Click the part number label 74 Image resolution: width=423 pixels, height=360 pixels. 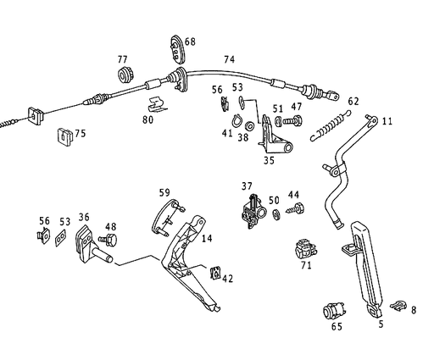[x=229, y=59]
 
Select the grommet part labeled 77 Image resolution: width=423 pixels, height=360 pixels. [x=125, y=75]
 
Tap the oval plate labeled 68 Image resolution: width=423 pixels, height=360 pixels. [x=177, y=50]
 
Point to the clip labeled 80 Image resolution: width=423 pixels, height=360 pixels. [x=157, y=105]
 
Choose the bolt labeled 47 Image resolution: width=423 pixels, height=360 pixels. [x=293, y=121]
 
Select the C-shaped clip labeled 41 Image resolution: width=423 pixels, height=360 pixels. [x=237, y=120]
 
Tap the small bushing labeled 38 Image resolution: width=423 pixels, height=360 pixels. [x=249, y=126]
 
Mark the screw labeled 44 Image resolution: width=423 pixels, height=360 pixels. [x=295, y=208]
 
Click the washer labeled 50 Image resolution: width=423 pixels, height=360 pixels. [x=276, y=214]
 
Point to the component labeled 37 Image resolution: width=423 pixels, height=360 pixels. [x=253, y=211]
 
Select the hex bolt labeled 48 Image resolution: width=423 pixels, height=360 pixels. [x=108, y=240]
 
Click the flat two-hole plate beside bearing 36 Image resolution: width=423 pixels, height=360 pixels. [x=60, y=239]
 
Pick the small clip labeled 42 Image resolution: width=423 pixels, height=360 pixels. [x=215, y=274]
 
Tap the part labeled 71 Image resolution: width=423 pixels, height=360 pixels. [x=305, y=249]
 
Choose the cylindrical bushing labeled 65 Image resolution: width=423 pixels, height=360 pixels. [x=335, y=311]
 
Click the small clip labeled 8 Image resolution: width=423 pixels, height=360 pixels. [x=398, y=306]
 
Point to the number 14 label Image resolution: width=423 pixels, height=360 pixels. [x=207, y=239]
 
